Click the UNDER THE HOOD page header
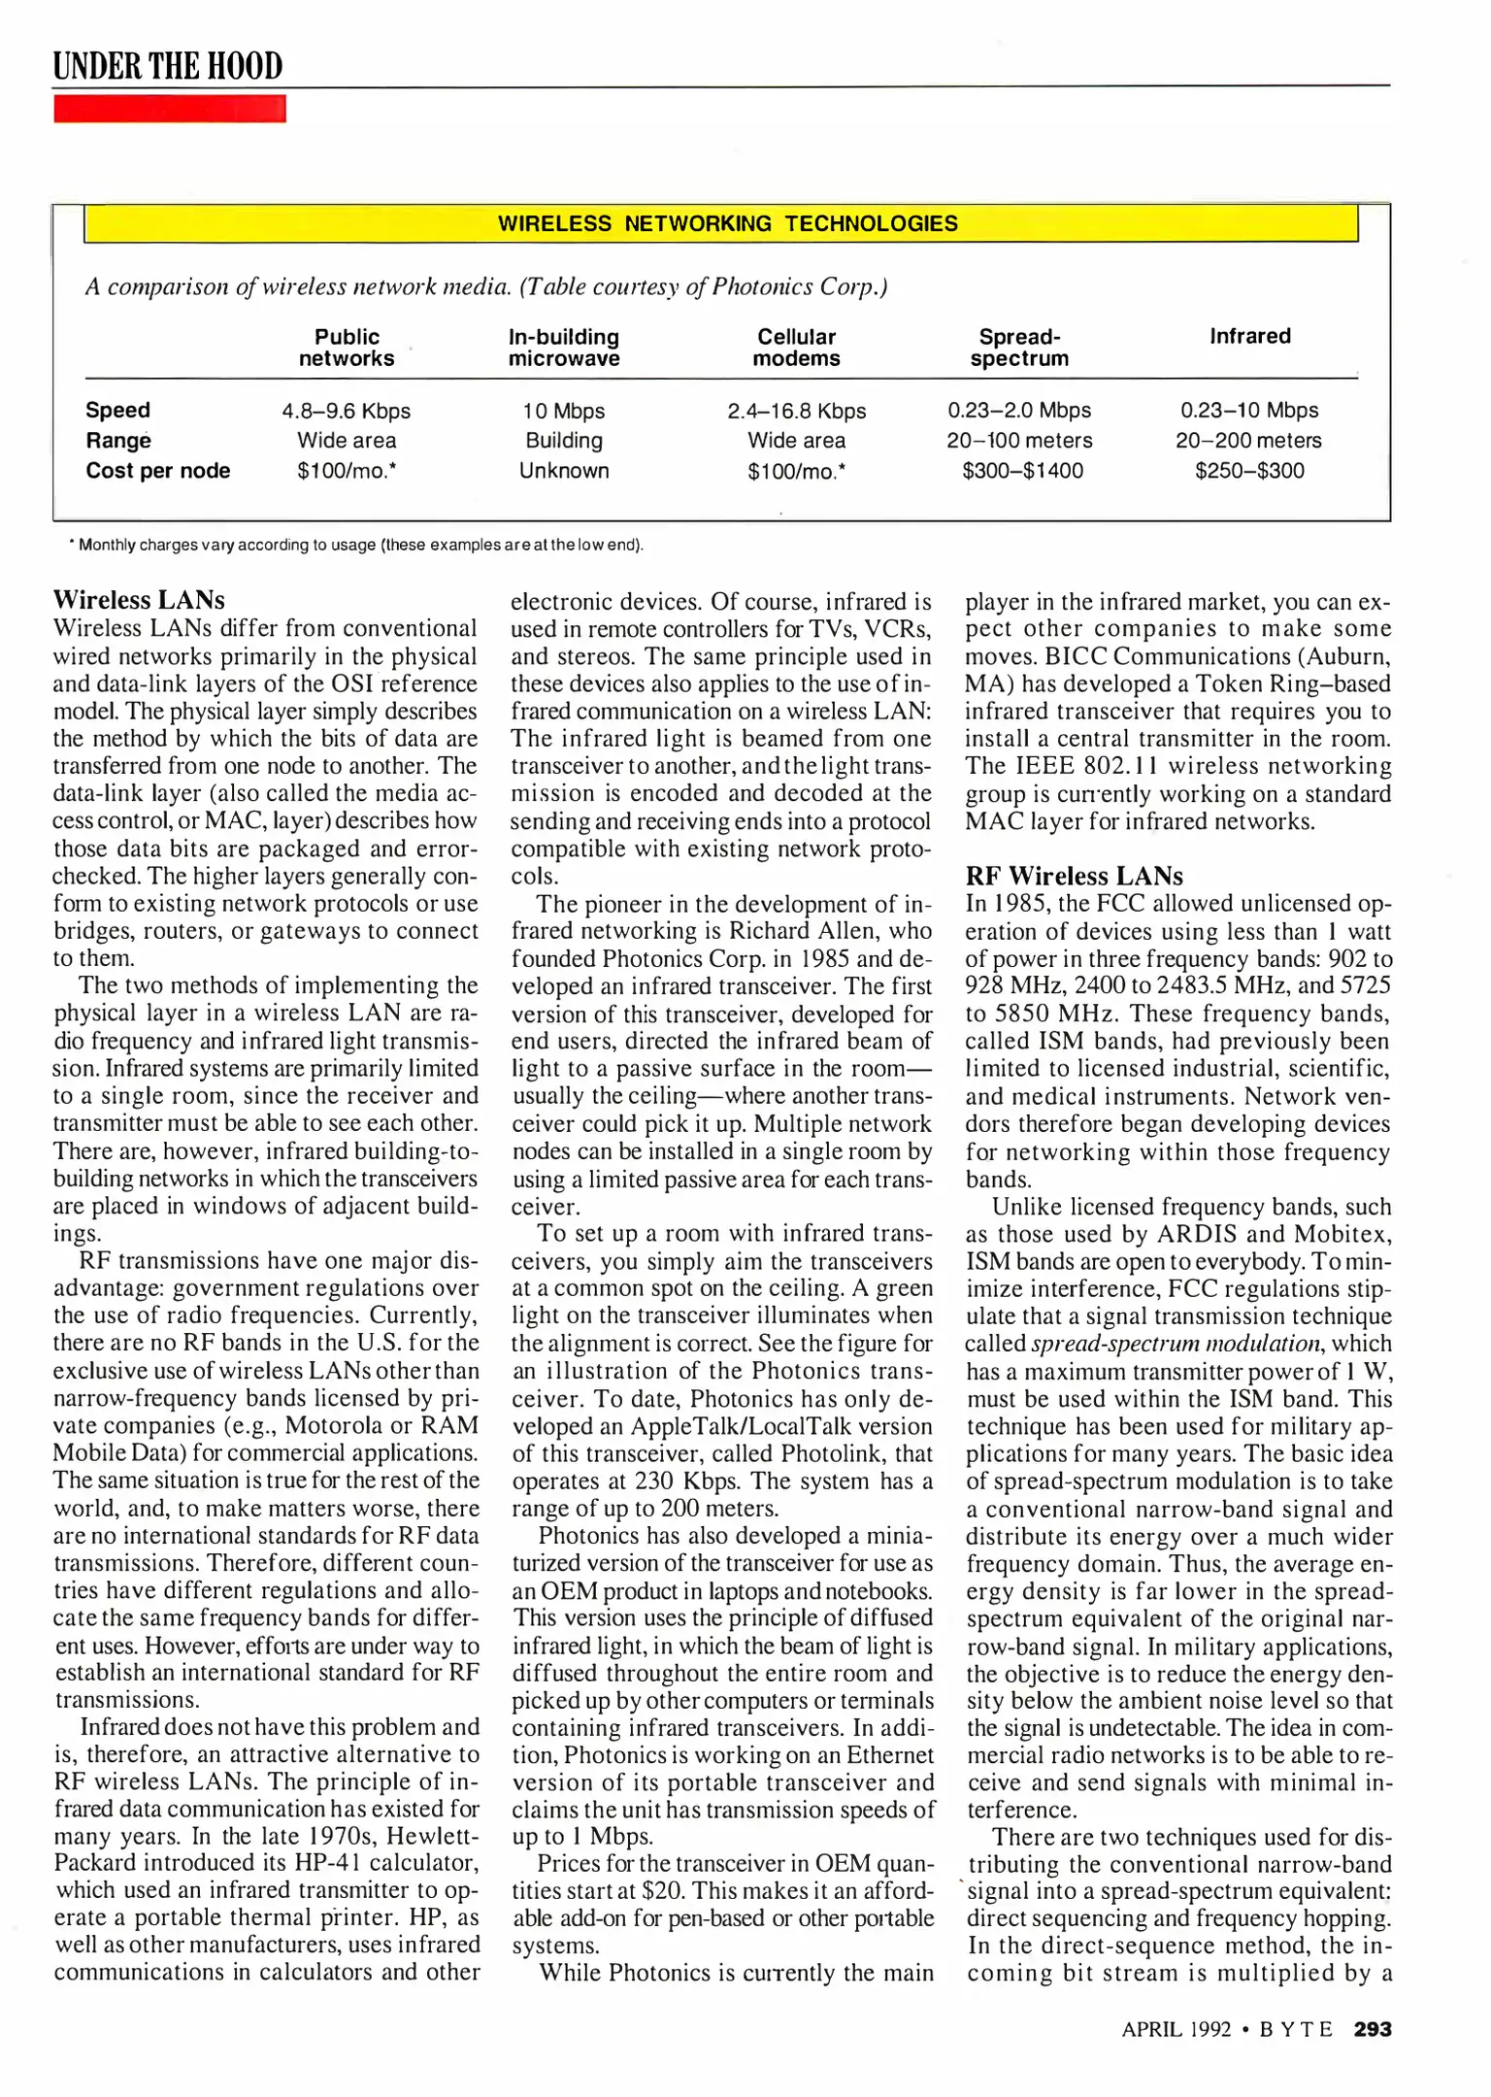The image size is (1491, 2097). [168, 66]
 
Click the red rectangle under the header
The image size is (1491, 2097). [169, 109]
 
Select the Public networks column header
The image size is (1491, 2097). [347, 348]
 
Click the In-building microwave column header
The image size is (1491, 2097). [563, 348]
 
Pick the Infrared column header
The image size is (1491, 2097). [1249, 337]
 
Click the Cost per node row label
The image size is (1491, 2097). [157, 471]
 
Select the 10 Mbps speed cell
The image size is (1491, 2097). [563, 411]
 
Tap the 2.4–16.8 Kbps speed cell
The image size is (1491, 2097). [796, 411]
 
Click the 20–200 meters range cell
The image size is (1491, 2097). [1248, 441]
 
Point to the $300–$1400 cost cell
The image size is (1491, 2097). [1022, 471]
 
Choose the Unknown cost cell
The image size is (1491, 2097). [563, 471]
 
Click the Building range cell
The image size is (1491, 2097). [563, 441]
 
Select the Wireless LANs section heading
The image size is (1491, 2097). [139, 599]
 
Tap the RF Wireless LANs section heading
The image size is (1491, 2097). [1074, 876]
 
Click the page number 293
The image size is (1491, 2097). [1373, 2029]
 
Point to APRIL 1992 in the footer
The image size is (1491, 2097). [1176, 2029]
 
